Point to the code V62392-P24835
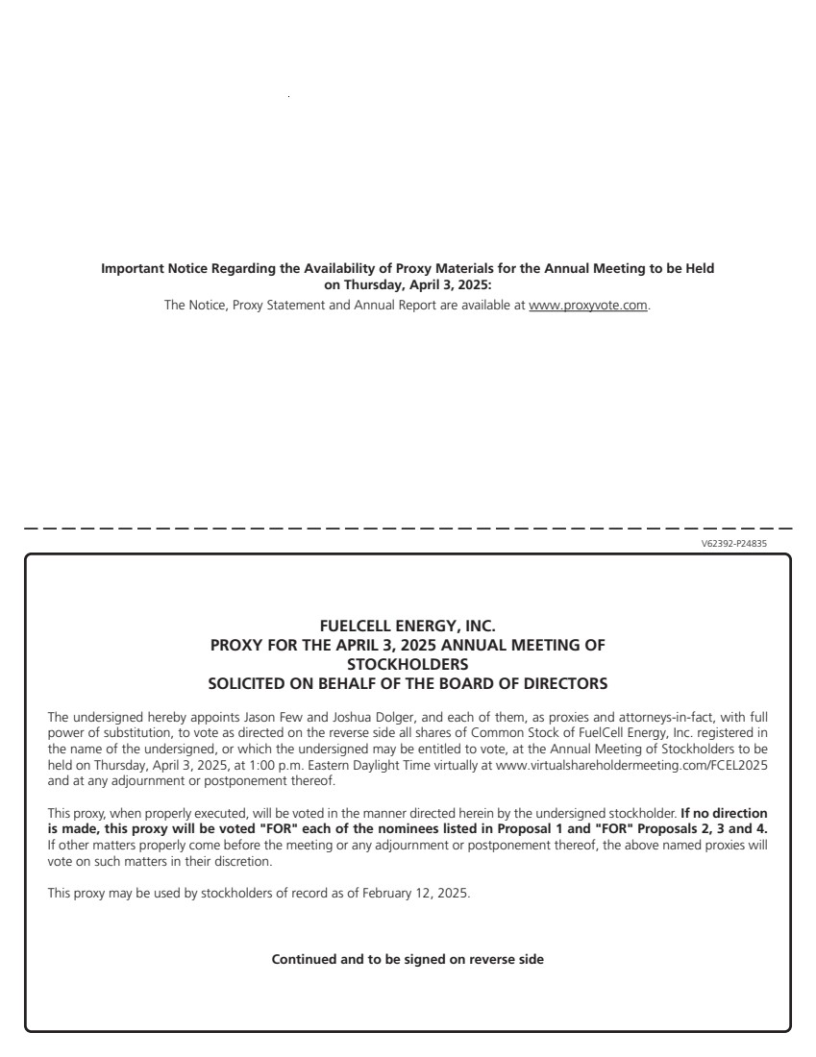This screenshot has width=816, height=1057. pos(734,544)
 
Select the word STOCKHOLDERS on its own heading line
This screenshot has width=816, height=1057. pos(408,665)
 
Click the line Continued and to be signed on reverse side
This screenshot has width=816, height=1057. pos(408,959)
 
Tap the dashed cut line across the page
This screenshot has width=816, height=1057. pos(408,528)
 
